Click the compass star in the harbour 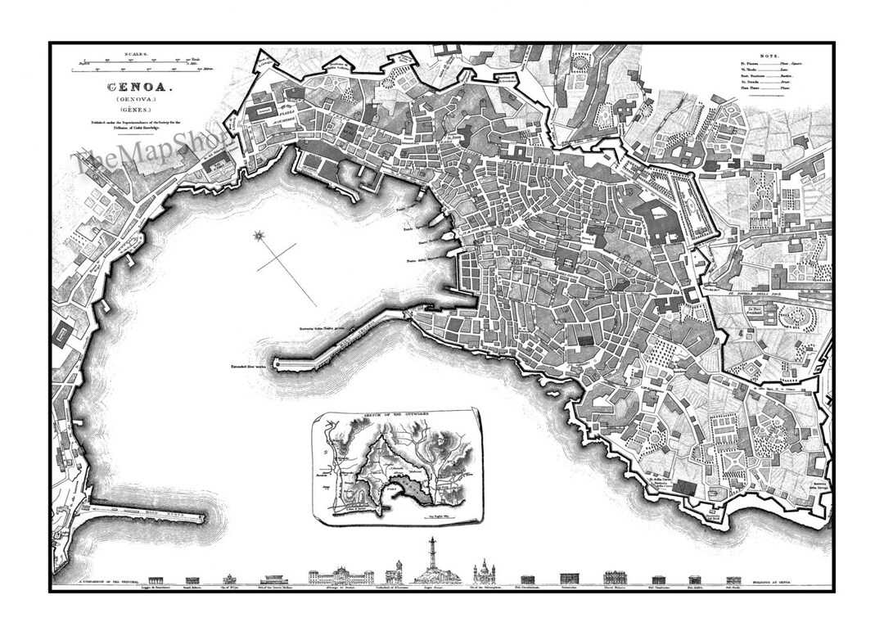click(260, 237)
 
